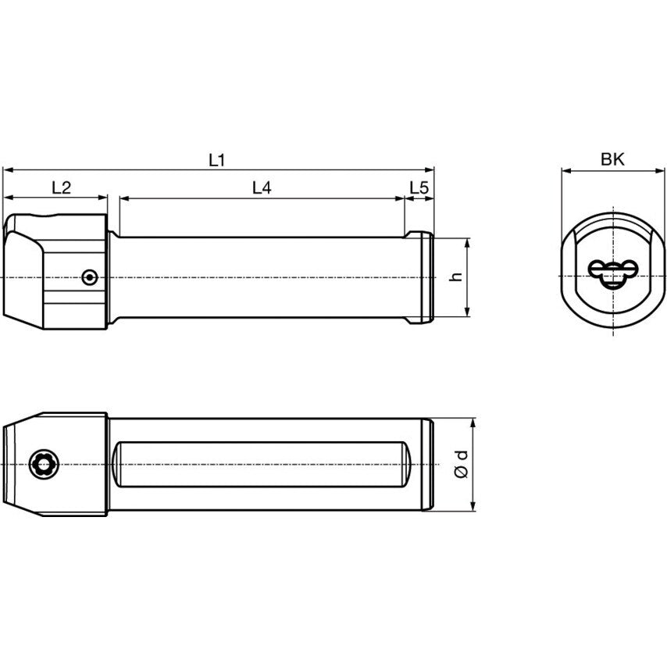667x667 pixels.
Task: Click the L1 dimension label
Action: point(216,160)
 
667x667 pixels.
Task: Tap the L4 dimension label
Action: point(262,187)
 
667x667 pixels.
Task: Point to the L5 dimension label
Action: point(419,187)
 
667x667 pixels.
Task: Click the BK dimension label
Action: point(612,160)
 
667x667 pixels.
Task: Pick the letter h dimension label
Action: point(458,277)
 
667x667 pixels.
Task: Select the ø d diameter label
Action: point(462,465)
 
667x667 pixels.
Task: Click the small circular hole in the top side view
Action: point(91,276)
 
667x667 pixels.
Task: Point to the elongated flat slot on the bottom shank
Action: point(262,465)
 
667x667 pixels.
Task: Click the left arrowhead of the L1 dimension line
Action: point(7,169)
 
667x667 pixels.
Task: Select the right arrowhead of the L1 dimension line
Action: point(429,169)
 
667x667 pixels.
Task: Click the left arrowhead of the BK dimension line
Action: point(565,169)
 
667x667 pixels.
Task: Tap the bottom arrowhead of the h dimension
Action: point(467,312)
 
